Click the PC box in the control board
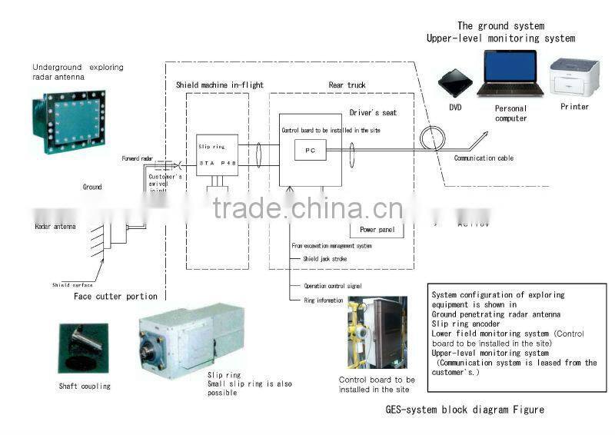[311, 151]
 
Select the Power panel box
[376, 229]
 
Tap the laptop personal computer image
[510, 75]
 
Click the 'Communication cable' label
[484, 158]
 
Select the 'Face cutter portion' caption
[115, 296]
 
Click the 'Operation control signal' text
[333, 286]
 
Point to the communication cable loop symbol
[432, 138]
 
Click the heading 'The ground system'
[500, 25]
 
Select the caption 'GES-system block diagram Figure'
[464, 410]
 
